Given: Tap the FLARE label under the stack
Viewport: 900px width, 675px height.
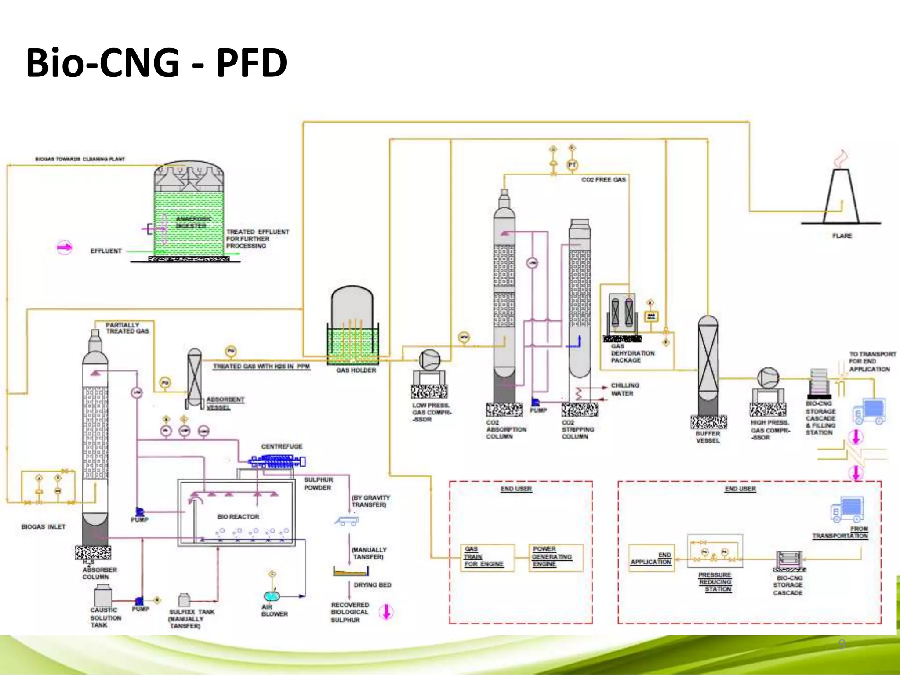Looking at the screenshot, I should coord(842,236).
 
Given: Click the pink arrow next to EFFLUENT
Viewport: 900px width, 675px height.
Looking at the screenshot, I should coord(64,247).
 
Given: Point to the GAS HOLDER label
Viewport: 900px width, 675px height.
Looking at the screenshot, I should coord(356,370).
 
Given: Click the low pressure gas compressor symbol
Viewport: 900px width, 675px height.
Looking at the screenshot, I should coord(429,360).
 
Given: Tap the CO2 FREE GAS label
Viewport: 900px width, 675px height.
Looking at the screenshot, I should coord(603,180).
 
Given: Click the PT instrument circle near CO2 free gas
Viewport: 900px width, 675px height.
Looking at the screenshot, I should coord(572,165).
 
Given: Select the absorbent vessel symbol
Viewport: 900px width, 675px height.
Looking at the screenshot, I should coord(194,377).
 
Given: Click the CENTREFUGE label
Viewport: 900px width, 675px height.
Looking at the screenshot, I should coord(282,446).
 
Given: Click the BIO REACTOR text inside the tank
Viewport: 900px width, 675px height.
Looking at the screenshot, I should coord(238,517).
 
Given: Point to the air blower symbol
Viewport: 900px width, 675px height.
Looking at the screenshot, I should coord(271,596).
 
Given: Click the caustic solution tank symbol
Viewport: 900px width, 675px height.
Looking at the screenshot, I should coord(103,596).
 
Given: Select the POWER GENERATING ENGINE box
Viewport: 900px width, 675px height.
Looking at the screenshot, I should coord(555,557).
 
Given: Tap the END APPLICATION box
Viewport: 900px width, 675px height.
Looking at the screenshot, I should coord(651,558).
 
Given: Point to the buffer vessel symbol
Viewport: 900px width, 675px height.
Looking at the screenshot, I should coord(708,365).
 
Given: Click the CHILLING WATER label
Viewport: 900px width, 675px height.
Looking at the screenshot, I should coord(624,389).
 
